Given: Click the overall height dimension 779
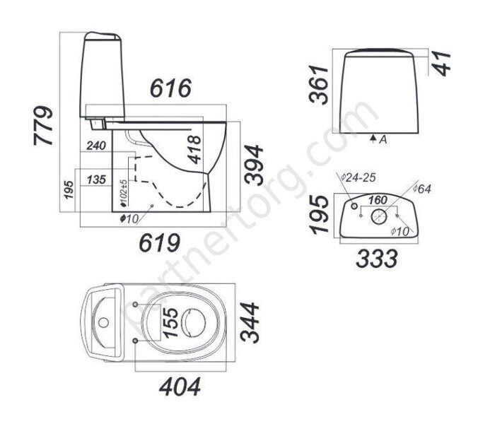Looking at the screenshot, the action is [43, 126].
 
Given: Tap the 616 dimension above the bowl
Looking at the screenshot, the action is [171, 88].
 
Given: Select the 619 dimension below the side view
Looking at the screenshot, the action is [160, 242].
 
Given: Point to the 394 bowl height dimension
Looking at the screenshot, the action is [254, 164].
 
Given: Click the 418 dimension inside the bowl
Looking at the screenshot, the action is [194, 150].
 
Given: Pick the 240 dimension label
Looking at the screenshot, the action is [96, 146].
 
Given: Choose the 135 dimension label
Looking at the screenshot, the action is [96, 179].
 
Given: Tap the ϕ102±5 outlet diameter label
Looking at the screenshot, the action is [124, 193].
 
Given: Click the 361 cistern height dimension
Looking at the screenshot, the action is [319, 85].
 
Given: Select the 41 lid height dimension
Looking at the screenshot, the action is [442, 64].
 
